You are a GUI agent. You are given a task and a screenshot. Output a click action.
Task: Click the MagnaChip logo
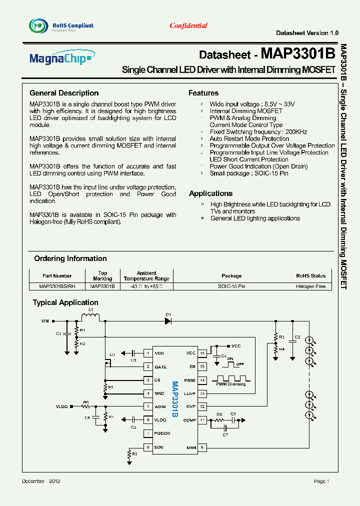tap(61, 58)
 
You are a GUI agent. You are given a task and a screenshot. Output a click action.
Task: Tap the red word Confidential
tap(188, 25)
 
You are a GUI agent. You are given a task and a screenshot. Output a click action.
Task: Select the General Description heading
tap(64, 93)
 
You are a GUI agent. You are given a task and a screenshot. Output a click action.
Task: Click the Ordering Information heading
tap(70, 258)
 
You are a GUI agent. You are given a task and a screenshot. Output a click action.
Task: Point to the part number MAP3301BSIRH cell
tap(57, 286)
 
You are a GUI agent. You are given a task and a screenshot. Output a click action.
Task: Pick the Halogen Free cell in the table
tap(310, 286)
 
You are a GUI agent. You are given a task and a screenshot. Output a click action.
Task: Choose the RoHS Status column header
tap(310, 275)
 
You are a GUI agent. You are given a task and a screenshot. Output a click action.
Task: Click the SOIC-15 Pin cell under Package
tap(231, 286)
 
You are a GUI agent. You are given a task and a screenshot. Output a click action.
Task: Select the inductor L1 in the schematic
tap(90, 317)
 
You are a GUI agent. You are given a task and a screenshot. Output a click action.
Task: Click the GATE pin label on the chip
tap(160, 367)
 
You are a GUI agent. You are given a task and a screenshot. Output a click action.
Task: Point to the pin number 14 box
tap(202, 380)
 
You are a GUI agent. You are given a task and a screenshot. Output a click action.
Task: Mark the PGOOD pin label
tap(162, 433)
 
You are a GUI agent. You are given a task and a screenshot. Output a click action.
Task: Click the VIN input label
tap(45, 322)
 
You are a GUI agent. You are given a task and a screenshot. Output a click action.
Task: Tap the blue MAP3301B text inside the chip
tap(175, 400)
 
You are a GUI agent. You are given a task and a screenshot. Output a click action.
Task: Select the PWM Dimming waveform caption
tap(231, 384)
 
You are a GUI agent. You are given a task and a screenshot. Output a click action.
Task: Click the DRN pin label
tap(191, 447)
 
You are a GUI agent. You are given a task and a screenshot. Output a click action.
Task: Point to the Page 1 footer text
tap(321, 481)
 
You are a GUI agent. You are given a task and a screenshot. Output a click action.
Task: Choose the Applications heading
tap(210, 193)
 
